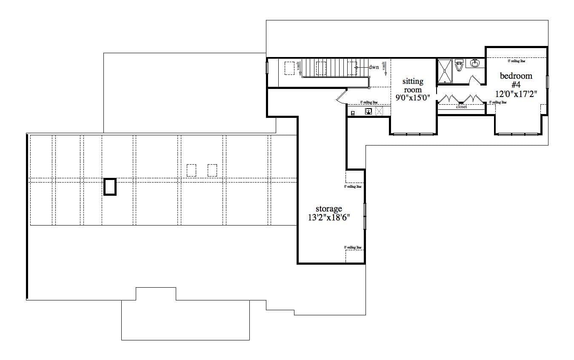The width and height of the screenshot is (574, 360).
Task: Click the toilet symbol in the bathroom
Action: coord(459,66)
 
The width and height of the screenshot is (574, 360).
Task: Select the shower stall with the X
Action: coord(445,71)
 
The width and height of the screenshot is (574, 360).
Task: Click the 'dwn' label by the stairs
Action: coord(374,67)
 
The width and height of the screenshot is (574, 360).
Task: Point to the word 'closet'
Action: coord(461,107)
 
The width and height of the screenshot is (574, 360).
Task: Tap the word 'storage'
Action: coord(328,209)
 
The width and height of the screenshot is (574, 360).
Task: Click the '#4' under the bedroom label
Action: coord(516,85)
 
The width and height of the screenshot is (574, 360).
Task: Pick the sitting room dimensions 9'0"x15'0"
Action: coord(413,98)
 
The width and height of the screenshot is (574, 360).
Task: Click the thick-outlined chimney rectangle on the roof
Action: coord(110,186)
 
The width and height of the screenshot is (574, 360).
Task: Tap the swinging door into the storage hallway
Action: coord(342,97)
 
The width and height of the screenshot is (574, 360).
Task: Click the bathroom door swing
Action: coord(474,80)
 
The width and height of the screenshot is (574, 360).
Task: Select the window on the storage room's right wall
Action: coord(365,216)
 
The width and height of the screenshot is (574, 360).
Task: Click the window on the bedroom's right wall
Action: coord(548,82)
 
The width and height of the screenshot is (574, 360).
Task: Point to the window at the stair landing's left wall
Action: coord(267,68)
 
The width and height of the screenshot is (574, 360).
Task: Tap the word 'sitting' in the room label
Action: coord(413,81)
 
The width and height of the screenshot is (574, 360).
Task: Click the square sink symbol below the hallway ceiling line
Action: coord(368,111)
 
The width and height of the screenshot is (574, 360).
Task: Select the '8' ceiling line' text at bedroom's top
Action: coord(516,61)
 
